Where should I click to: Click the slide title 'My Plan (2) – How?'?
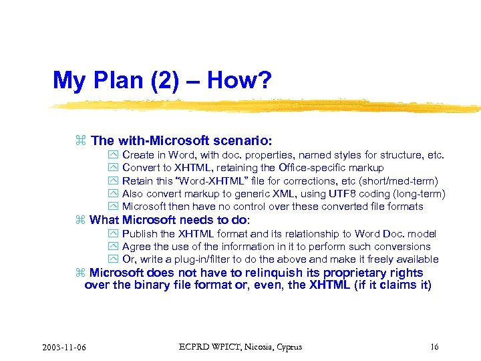[162, 81]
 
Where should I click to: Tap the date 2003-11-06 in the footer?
[67, 347]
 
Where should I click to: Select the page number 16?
[434, 347]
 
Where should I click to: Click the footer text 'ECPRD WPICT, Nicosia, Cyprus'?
[240, 347]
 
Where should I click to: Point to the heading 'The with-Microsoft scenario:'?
[181, 140]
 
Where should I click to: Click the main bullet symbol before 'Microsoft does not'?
[81, 273]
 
